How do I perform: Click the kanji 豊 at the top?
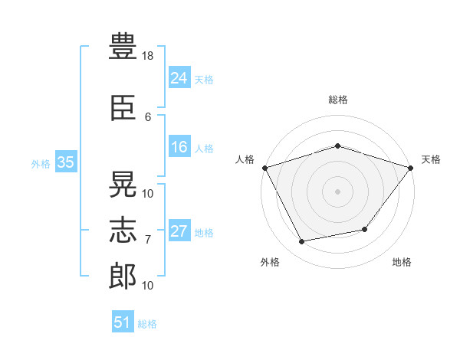[x=123, y=47]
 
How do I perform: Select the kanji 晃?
[x=123, y=184]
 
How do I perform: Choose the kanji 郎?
[x=123, y=274]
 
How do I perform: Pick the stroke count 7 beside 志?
[x=148, y=240]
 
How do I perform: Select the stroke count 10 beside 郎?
[x=148, y=286]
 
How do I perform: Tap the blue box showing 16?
[x=179, y=147]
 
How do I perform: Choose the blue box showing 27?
[x=179, y=231]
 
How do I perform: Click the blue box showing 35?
[x=65, y=162]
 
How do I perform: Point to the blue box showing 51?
[x=122, y=322]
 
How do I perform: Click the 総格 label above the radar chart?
[x=338, y=100]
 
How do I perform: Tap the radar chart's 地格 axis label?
[x=402, y=263]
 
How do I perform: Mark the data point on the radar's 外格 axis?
[x=302, y=242]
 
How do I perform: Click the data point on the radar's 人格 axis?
[x=264, y=168]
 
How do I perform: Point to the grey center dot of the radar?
[x=338, y=191]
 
